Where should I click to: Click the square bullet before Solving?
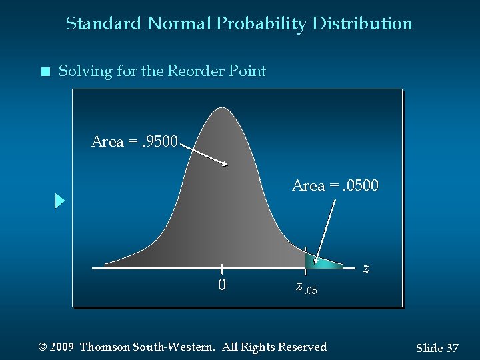[45, 72]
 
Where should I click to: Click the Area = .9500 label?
[135, 141]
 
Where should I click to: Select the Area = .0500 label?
[335, 185]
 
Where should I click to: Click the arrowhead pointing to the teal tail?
[317, 261]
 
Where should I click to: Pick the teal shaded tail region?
[320, 263]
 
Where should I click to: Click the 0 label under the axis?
[222, 285]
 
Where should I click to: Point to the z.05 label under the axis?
[306, 287]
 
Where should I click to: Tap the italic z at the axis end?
[365, 269]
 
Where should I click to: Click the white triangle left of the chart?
[60, 201]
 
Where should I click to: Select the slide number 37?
[452, 348]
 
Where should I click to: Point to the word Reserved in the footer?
[303, 347]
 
